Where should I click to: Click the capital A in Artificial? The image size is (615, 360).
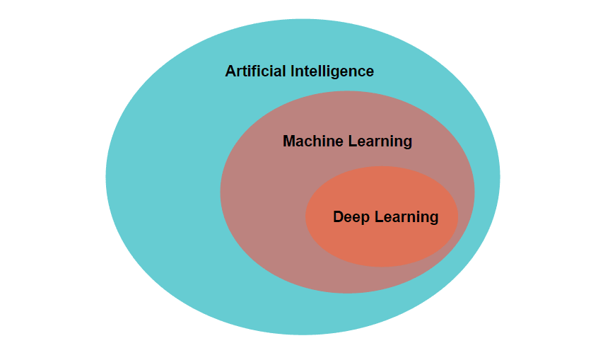230,71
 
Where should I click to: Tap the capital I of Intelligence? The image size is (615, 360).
291,71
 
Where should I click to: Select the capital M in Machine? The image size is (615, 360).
288,141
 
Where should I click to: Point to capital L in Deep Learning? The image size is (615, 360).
377,217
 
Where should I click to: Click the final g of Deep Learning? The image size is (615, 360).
433,219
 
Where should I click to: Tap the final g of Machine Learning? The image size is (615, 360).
407,143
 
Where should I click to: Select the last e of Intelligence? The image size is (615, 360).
369,72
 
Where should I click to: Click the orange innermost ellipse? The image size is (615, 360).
382,244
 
